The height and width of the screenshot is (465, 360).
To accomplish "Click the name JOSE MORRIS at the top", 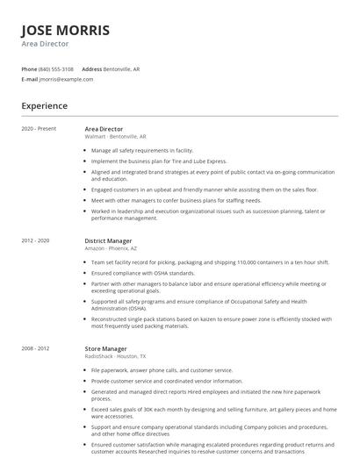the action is (x=66, y=30).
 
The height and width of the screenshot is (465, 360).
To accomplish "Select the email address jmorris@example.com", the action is (x=66, y=79).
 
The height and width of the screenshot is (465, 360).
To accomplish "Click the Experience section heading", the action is (x=45, y=106).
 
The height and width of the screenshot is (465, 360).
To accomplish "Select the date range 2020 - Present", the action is (x=40, y=129).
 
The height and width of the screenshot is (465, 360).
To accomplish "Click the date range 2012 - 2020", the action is (x=36, y=240).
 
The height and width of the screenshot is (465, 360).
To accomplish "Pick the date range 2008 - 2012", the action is (x=36, y=324).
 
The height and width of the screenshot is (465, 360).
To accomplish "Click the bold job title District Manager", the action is (x=109, y=240).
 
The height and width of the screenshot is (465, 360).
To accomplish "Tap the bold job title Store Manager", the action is (x=106, y=324).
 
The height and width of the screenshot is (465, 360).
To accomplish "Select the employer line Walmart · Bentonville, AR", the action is (x=116, y=137).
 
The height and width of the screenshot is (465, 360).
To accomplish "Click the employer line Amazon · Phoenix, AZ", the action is (x=111, y=248).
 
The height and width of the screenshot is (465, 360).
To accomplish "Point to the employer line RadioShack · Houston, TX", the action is (x=116, y=332).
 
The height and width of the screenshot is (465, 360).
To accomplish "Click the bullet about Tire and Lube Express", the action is (x=159, y=161).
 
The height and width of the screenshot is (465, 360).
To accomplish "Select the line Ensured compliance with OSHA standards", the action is (x=148, y=272).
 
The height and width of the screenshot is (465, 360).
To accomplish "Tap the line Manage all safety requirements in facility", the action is (x=142, y=151).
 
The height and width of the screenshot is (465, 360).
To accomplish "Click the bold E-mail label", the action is (x=30, y=79).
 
